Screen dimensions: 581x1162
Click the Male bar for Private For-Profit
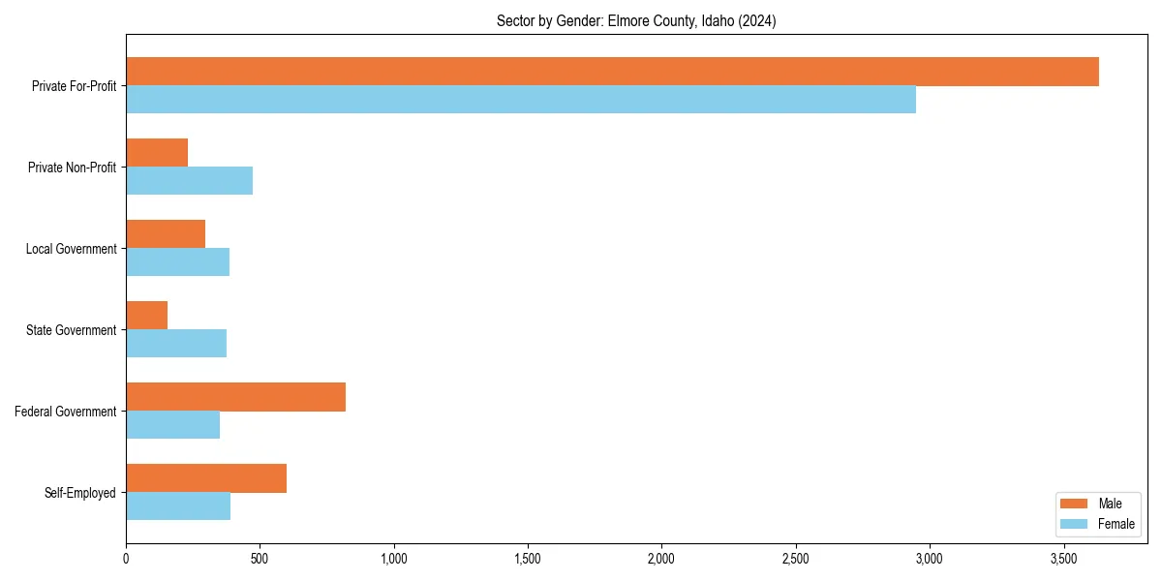612,72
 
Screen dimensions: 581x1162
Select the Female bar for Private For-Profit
521,100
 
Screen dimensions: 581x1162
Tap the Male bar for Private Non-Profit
157,153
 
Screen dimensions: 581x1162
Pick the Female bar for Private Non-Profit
189,181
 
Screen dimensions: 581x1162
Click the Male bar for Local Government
166,234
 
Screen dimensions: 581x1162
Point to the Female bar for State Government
176,344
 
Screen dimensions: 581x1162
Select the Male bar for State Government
146,316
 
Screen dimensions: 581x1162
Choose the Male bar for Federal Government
235,397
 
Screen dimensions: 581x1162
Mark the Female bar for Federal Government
172,425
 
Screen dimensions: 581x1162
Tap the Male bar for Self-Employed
206,478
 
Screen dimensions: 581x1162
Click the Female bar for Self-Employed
178,506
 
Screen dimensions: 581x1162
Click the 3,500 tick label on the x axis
1063,559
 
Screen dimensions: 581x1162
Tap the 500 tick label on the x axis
260,559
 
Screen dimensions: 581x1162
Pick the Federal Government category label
66,412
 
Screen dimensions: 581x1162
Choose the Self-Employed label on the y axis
80,493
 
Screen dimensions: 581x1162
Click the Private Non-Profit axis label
72,168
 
